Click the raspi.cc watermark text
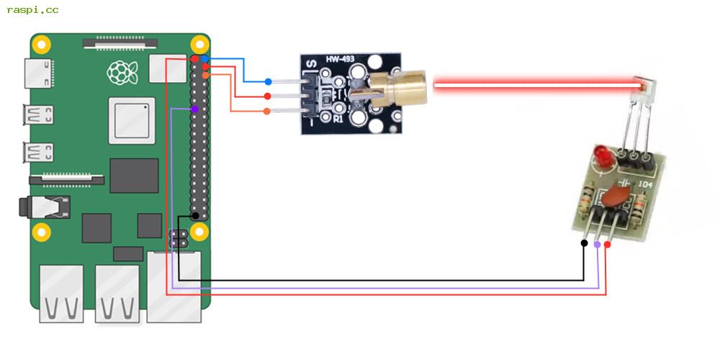click(32, 10)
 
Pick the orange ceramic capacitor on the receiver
click(616, 196)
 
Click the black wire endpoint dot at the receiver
click(583, 243)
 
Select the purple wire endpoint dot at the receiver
click(597, 245)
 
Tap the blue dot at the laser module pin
click(268, 82)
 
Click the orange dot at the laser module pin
click(267, 111)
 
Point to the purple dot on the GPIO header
click(194, 109)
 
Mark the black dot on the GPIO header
click(194, 215)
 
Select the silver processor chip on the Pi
click(132, 120)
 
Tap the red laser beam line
click(533, 85)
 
